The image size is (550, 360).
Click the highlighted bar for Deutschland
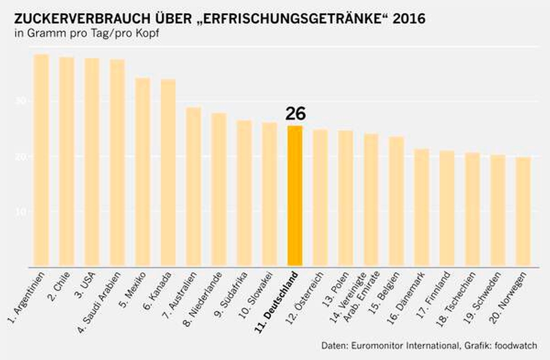tap(295, 197)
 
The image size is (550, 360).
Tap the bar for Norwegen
tap(523, 212)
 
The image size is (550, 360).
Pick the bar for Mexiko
tap(143, 173)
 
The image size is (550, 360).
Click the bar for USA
tap(92, 163)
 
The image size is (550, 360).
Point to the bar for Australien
tap(194, 187)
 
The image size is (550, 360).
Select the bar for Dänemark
tap(421, 208)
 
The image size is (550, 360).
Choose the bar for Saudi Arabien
tap(117, 163)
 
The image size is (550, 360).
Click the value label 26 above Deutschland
tap(295, 114)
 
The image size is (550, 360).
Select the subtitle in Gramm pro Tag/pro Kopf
tap(88, 34)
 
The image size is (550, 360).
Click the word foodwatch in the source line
tap(516, 345)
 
